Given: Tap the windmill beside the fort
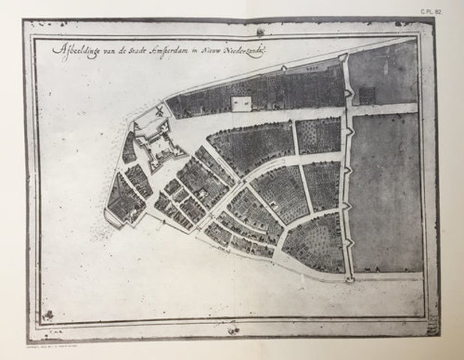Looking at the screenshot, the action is point(159,112).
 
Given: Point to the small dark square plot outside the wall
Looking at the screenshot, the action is point(367,95).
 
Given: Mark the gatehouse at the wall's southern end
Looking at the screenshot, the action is point(350,277).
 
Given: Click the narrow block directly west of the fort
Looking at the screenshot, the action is point(129,148).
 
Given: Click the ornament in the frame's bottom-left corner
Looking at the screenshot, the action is point(48,316).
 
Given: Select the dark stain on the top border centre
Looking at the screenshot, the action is point(259,31).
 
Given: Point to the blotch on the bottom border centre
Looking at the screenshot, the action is point(233,328).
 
